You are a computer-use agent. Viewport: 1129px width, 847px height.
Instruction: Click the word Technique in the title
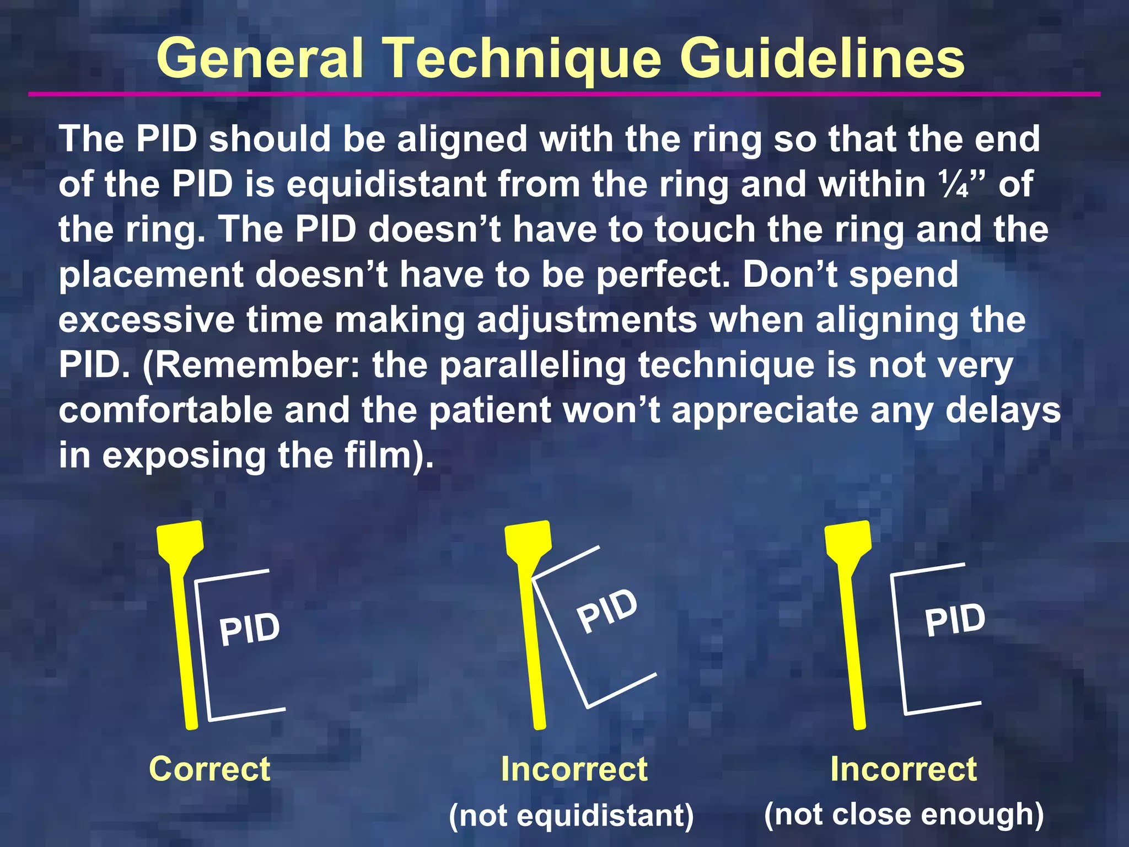coord(522,60)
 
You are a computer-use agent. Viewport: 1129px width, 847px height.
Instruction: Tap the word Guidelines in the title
coord(822,58)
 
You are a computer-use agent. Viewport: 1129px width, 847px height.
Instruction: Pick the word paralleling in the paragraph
coord(533,366)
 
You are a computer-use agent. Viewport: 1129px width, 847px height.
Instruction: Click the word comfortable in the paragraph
coord(165,411)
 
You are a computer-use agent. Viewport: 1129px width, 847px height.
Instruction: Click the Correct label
coord(209,769)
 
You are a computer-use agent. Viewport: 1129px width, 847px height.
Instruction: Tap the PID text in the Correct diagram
coord(249,629)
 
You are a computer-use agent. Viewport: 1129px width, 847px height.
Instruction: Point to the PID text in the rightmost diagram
coord(955,620)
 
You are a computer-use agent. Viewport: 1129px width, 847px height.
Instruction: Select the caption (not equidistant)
coord(571,815)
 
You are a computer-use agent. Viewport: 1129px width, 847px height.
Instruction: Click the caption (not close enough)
coord(904,814)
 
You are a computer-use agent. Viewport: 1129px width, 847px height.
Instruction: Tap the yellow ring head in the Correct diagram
coord(180,540)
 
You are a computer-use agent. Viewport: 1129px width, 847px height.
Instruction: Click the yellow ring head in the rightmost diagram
coord(848,540)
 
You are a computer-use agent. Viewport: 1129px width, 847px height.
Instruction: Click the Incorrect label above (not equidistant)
coord(574,769)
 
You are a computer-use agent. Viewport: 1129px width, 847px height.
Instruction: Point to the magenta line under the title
coord(564,94)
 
